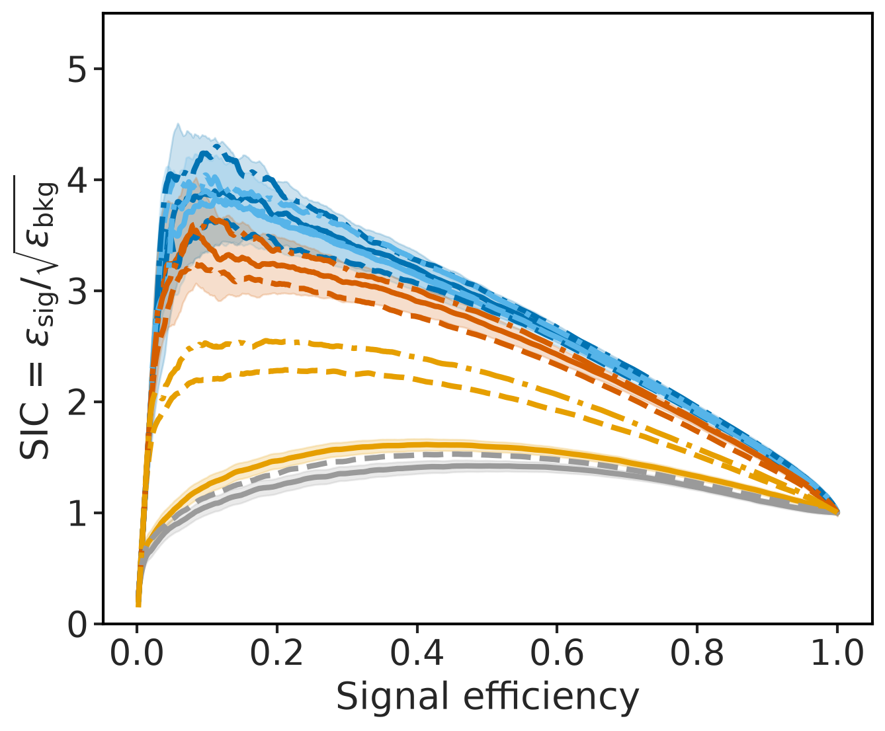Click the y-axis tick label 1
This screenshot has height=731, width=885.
pos(77,512)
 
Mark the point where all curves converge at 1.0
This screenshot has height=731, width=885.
pos(837,512)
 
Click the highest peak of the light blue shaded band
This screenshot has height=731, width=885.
pos(178,124)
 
